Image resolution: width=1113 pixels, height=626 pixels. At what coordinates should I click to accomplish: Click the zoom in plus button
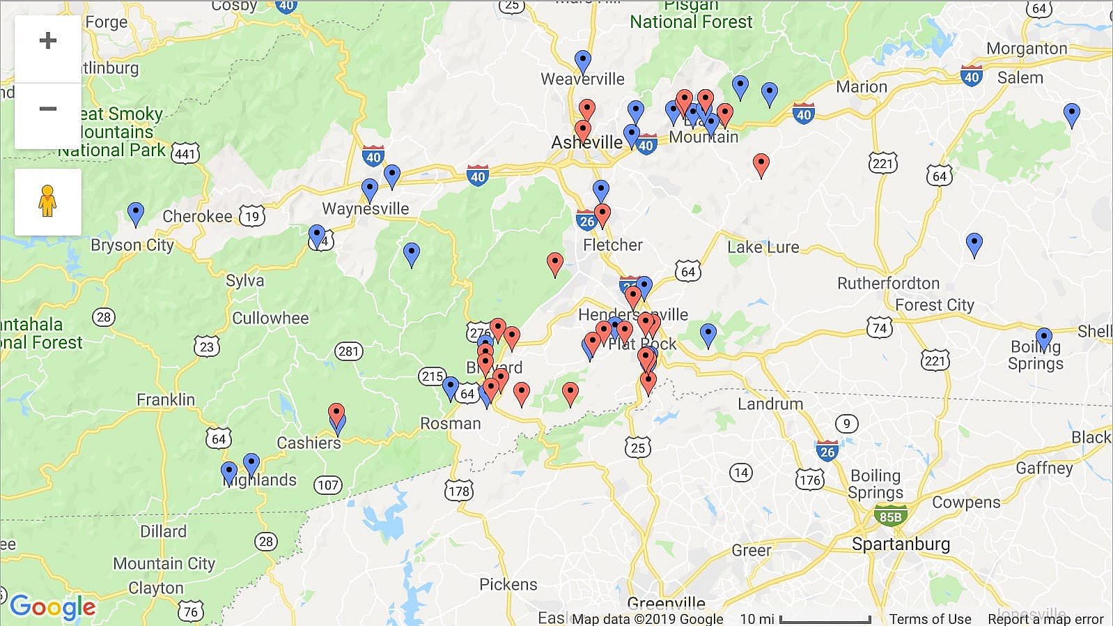47,40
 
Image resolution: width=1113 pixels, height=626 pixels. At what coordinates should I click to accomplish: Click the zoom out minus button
47,109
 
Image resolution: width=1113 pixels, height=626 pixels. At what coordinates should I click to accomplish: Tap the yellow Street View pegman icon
47,201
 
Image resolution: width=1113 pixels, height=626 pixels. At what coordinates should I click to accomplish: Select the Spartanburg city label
901,544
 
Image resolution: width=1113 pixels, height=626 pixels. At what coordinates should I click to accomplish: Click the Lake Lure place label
763,247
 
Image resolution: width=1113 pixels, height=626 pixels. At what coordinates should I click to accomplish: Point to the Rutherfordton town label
888,283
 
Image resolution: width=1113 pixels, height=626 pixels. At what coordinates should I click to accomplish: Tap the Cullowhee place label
270,319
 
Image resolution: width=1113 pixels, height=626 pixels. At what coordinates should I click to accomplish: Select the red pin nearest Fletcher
602,214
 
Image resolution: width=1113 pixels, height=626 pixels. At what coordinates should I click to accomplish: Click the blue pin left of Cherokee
136,213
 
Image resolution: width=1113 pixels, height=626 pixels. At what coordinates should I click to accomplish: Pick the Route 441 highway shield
185,153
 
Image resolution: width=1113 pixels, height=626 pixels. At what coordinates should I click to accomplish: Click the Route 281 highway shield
348,351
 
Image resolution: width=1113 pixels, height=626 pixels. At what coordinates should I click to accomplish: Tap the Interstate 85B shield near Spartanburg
890,517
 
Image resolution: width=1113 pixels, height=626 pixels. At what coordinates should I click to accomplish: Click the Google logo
52,607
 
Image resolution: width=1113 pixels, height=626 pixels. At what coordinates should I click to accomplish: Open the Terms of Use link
930,618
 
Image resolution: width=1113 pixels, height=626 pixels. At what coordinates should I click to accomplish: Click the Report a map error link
1045,618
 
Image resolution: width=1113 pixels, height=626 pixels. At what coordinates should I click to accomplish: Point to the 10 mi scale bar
825,619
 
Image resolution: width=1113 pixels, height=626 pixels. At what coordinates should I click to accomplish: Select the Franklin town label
166,399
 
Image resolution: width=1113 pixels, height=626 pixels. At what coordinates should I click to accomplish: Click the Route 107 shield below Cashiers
327,485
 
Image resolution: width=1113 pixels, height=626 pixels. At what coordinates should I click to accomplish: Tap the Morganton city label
1027,48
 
